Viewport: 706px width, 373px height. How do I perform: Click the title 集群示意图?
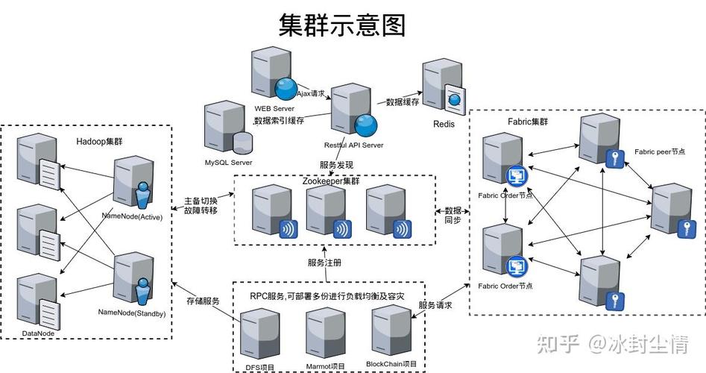342,25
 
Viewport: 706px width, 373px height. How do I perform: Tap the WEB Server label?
274,109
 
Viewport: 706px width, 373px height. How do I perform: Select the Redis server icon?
444,88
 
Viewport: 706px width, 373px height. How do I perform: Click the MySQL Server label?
229,163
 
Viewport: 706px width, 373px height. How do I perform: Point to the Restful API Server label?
354,145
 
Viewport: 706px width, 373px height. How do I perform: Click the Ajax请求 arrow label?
311,94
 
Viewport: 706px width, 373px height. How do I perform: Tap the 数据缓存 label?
403,102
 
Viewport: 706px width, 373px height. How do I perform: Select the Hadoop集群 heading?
99,142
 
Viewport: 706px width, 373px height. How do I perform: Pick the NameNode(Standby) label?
132,313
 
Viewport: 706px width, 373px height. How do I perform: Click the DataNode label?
38,333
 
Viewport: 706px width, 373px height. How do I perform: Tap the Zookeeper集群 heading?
331,181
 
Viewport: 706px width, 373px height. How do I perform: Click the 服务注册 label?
324,263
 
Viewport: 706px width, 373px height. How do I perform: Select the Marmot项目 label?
326,367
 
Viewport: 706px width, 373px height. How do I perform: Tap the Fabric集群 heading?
528,122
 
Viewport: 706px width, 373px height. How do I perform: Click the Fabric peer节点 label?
660,152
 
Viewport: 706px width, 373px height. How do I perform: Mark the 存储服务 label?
203,301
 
